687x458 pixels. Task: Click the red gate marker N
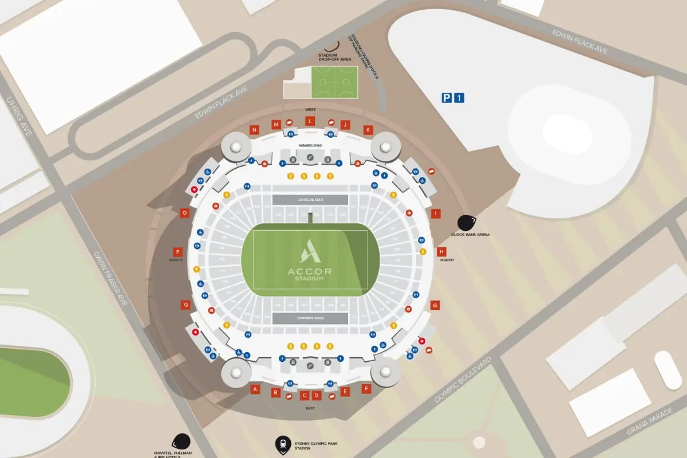point(254,130)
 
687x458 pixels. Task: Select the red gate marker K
point(368,130)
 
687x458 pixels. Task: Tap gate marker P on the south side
point(178,252)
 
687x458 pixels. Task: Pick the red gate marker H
point(441,252)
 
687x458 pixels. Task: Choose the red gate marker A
point(256,389)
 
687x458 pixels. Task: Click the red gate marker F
point(366,389)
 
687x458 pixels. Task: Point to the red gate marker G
point(436,305)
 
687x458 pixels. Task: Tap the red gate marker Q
point(185,305)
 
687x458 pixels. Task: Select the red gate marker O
point(185,213)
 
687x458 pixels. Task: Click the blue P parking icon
point(447,98)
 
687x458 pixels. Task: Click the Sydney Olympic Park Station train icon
point(283,443)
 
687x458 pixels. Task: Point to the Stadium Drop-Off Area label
point(335,57)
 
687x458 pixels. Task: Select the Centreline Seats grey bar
point(310,199)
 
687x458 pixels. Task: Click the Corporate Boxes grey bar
point(310,318)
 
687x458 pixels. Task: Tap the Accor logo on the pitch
point(310,252)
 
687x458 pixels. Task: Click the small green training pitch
point(334,82)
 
